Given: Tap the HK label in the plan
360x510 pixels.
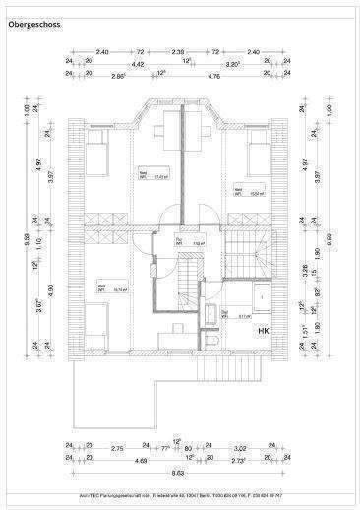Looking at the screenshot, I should pos(264,331).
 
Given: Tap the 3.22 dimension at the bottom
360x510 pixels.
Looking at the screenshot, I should pos(240,448).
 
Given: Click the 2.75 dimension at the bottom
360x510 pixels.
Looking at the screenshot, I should pos(116,448).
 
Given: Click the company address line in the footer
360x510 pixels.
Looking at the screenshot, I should pos(180,494).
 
